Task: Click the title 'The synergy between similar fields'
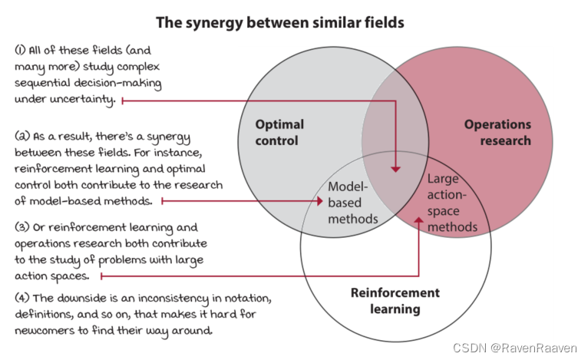pyautogui.click(x=279, y=22)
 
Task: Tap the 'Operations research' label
pyautogui.click(x=497, y=132)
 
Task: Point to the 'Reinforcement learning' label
pyautogui.click(x=395, y=301)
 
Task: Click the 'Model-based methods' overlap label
pyautogui.click(x=352, y=203)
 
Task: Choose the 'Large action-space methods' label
pyautogui.click(x=453, y=203)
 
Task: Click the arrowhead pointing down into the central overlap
pyautogui.click(x=396, y=166)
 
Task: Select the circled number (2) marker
pyautogui.click(x=20, y=136)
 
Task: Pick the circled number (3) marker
pyautogui.click(x=20, y=227)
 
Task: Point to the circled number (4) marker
pyautogui.click(x=20, y=297)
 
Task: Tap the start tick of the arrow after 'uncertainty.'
pyautogui.click(x=122, y=100)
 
